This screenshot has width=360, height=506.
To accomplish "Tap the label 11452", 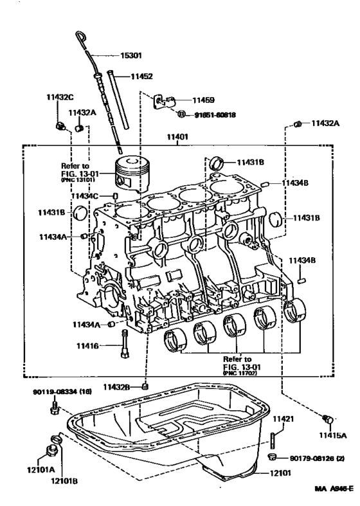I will coord(141,77).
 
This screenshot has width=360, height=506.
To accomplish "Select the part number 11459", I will coord(203,100).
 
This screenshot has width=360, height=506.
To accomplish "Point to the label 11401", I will coord(178,136).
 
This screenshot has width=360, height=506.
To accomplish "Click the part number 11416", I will coord(88,346).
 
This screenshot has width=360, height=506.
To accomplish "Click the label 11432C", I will coord(60,97).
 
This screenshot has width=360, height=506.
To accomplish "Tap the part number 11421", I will coord(283,419).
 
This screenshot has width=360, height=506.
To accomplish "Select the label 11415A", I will coord(334,435).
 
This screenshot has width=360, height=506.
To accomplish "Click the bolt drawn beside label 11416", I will coord(122,347).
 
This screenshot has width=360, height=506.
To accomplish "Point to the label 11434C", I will coord(85,195).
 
